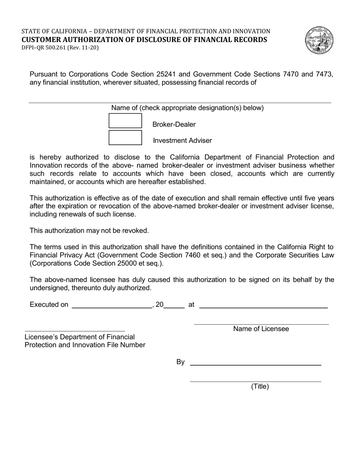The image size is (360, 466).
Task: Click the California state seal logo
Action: coord(318,40)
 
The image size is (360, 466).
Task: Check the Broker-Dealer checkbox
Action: coord(125,121)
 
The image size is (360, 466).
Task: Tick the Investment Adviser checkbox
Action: coord(125,137)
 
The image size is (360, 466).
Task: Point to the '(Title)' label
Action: coord(260,386)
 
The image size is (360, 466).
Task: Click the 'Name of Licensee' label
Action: coord(261,329)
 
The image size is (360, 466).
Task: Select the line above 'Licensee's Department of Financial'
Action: coord(75,331)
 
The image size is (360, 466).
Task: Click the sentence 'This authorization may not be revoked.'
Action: coord(89,230)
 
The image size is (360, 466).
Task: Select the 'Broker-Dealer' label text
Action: coord(174,125)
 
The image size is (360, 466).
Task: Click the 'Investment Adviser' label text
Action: coord(182,141)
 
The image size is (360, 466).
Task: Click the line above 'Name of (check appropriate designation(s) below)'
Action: coord(180,102)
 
